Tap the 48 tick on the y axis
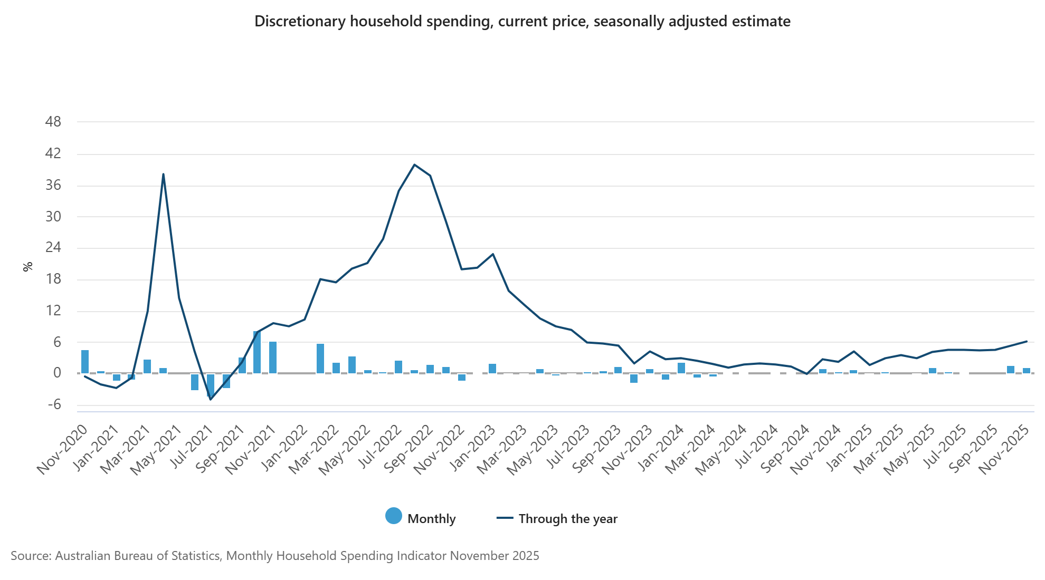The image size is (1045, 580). pos(53,122)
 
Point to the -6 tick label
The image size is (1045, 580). pos(54,405)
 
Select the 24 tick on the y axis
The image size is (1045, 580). pos(53,248)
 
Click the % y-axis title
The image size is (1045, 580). pos(28,267)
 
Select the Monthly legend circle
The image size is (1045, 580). pos(394,516)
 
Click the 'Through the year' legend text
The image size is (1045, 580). pos(568,519)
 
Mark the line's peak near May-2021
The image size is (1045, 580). pos(164,174)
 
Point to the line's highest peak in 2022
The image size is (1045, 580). pos(414,165)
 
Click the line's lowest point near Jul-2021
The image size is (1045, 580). pos(211,399)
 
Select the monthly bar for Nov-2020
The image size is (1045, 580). pos(85,361)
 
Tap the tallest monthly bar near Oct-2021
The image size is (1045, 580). pos(257,352)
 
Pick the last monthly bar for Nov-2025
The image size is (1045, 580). pos(1027,371)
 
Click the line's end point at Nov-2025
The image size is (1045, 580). pos(1027,341)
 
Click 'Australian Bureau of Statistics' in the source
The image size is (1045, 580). pos(137,556)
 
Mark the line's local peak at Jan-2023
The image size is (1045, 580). pos(493,254)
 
